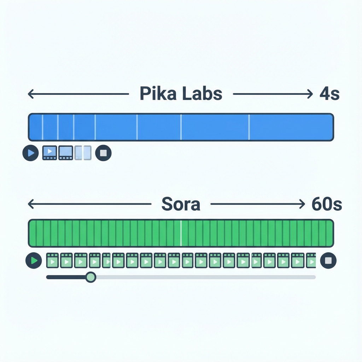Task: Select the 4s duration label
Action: tap(329, 94)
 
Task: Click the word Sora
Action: tap(181, 204)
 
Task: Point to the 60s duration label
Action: tap(327, 204)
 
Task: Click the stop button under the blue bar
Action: tap(103, 153)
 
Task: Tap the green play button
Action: tap(34, 261)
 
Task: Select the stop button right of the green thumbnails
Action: tap(328, 261)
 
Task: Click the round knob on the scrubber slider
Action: tap(91, 277)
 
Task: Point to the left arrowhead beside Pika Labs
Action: tap(30, 94)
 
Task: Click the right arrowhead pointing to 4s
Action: tap(310, 94)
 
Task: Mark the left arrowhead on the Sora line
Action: tap(30, 204)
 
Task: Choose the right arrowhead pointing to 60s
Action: tap(302, 204)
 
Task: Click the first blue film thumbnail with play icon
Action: tap(49, 153)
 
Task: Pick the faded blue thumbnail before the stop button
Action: tap(83, 153)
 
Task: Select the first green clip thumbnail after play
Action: tap(52, 261)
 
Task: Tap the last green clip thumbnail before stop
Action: tap(311, 261)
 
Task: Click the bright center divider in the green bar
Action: tap(181, 233)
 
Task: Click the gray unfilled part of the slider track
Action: tap(205, 277)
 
